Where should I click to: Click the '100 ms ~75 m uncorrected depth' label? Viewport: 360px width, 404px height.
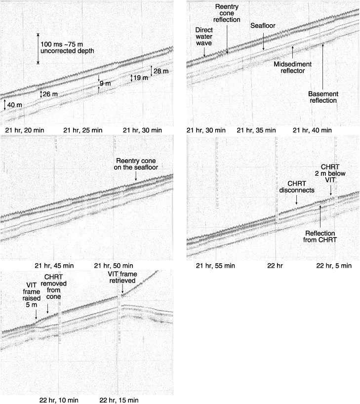[x=67, y=48]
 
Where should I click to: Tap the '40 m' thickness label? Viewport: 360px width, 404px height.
[x=15, y=105]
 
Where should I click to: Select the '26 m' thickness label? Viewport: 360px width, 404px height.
[x=50, y=94]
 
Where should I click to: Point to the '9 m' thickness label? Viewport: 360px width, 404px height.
[x=105, y=83]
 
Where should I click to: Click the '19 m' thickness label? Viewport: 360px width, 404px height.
[x=141, y=78]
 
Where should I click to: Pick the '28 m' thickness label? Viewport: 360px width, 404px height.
[x=161, y=71]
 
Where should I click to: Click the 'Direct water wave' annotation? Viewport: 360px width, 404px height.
[x=204, y=37]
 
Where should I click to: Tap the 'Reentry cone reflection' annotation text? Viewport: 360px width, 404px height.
[x=227, y=13]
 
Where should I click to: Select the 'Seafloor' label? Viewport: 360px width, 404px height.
[x=263, y=26]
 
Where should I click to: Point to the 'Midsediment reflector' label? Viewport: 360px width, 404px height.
[x=293, y=68]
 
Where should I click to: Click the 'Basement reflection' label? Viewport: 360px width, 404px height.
[x=323, y=97]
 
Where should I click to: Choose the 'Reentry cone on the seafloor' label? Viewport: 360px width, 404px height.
[x=136, y=164]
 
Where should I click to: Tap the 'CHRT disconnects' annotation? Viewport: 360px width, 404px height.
[x=297, y=187]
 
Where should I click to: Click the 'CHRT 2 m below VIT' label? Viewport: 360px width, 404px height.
[x=330, y=173]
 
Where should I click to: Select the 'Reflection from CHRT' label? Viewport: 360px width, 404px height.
[x=320, y=237]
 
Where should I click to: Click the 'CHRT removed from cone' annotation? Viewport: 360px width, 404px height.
[x=54, y=287]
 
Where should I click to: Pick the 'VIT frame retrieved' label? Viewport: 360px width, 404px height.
[x=122, y=277]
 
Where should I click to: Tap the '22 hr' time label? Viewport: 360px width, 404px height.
[x=275, y=266]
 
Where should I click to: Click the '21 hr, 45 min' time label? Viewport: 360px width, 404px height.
[x=54, y=266]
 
